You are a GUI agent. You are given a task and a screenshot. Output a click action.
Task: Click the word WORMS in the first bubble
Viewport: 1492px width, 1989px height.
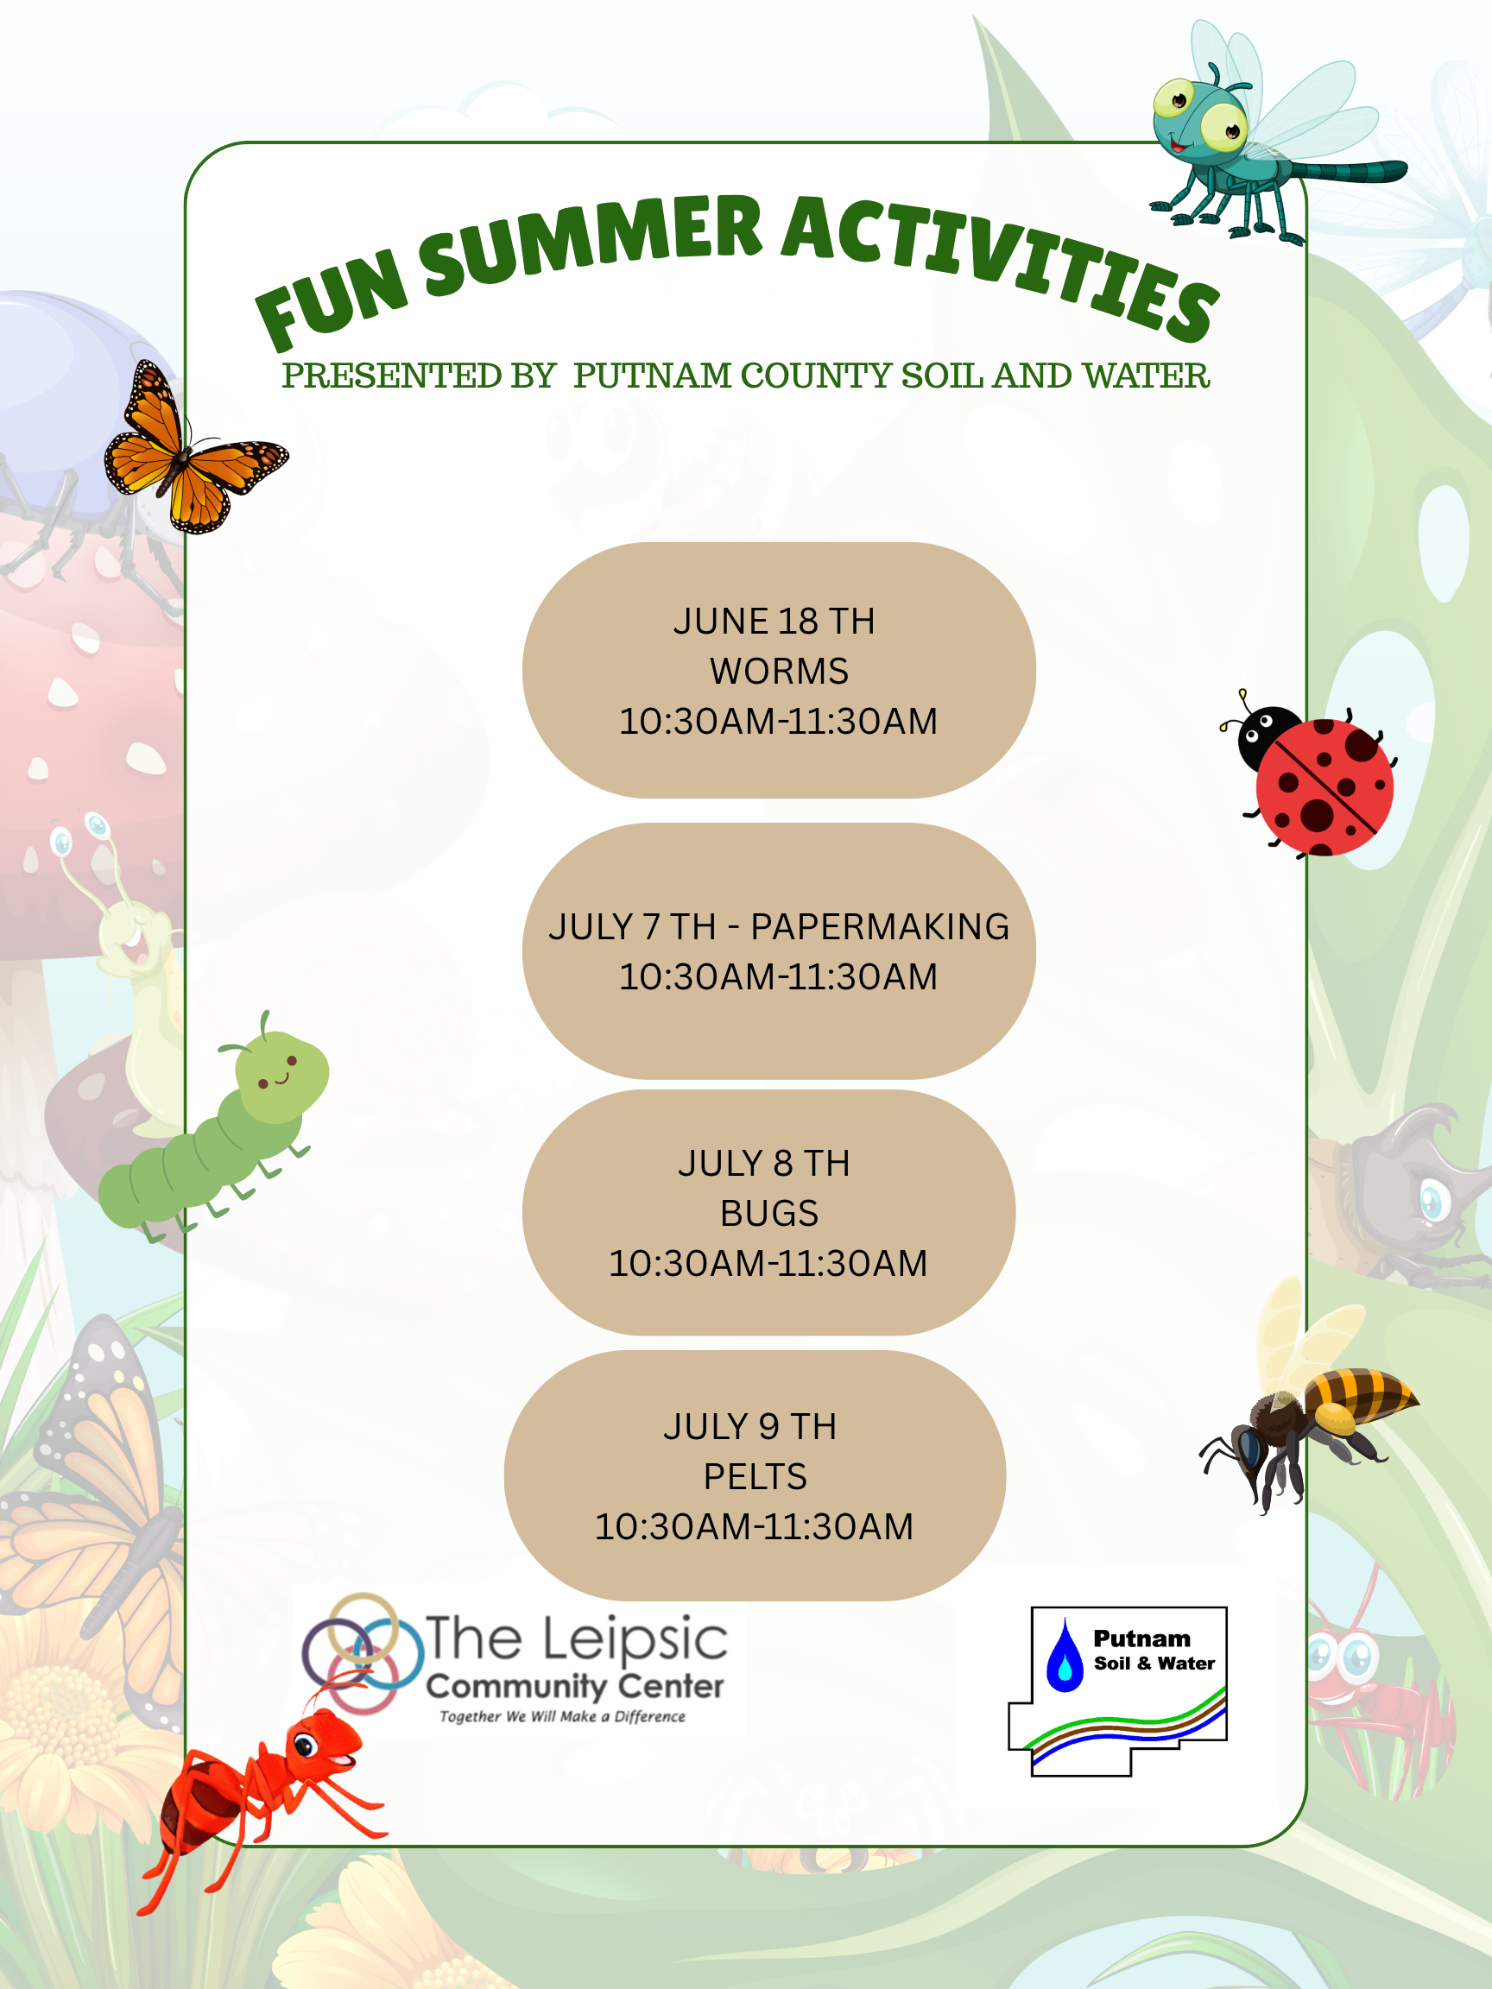tap(779, 671)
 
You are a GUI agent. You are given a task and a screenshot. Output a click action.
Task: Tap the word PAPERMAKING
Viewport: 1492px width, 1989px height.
tap(880, 927)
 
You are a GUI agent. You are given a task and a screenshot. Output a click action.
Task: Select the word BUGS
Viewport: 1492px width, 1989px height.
tap(769, 1213)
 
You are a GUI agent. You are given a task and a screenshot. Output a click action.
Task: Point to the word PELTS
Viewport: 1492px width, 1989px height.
tap(755, 1476)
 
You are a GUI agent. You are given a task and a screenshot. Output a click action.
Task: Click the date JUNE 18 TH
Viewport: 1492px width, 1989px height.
tap(774, 622)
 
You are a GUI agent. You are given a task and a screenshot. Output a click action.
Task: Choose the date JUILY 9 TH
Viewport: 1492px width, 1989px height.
tap(749, 1427)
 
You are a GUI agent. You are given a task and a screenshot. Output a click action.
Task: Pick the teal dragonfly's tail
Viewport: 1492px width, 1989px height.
tap(1349, 171)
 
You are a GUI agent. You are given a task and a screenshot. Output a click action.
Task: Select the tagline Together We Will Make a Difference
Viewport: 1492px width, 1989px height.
tap(562, 1716)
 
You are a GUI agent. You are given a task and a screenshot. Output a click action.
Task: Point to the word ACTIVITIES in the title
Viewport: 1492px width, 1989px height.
tap(998, 261)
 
